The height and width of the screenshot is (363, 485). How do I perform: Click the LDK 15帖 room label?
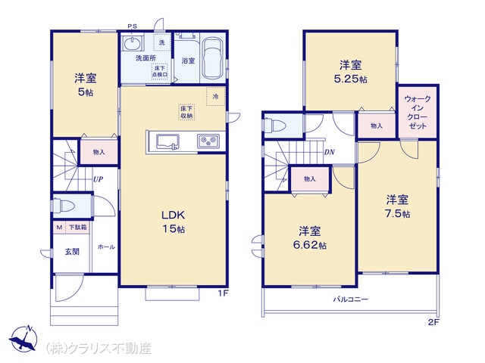174,222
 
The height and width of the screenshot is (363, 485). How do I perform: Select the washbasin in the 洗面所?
133,43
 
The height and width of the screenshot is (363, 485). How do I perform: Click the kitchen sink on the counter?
167,141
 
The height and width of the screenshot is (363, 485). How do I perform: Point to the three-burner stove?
208,141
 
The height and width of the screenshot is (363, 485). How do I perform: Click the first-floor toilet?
64,205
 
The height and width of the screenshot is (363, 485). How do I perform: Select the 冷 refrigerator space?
215,96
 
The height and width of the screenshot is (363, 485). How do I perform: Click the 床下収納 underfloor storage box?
186,112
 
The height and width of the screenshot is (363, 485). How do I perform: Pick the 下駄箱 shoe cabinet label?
77,228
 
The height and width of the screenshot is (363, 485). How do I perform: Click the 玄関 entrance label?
72,252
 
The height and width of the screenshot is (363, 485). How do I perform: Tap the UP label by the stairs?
98,179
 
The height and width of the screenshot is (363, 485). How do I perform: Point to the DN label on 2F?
330,152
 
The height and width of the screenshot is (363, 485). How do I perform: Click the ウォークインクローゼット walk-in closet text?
418,113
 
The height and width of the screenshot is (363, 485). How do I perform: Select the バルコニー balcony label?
350,299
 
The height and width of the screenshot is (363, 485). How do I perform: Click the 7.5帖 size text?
398,213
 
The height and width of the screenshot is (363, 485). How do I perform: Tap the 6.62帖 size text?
310,245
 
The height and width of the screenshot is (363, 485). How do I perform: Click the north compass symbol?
23,338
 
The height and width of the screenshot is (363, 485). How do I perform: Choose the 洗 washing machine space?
161,42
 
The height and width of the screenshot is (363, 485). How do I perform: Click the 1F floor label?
224,293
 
